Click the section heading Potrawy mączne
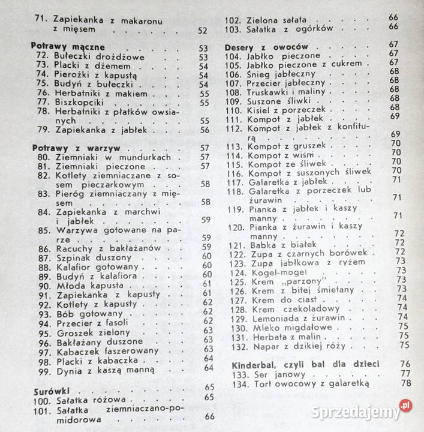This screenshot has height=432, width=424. point(68,46)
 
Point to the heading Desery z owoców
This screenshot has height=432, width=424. point(266,46)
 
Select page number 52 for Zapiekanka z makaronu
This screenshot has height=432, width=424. point(202,31)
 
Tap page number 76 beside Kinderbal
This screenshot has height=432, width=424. point(405,364)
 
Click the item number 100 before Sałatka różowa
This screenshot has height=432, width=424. point(42,398)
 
